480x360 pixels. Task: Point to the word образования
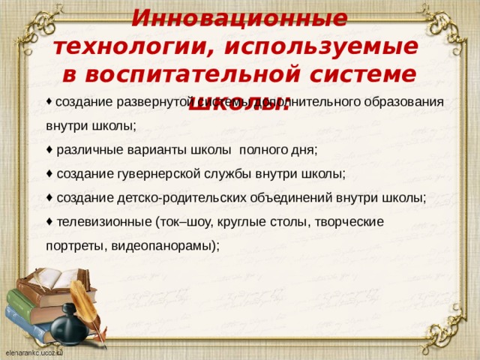tap(409, 102)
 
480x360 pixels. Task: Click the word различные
tap(86, 149)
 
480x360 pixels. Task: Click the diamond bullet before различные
tap(49, 149)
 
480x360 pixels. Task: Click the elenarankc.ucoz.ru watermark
tap(34, 351)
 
